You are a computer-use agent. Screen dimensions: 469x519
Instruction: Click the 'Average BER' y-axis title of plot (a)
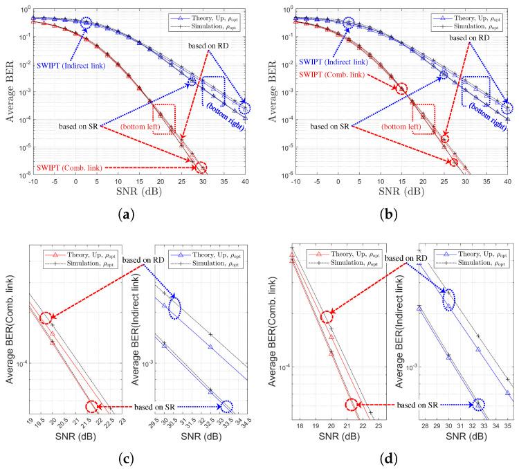tap(12, 90)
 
